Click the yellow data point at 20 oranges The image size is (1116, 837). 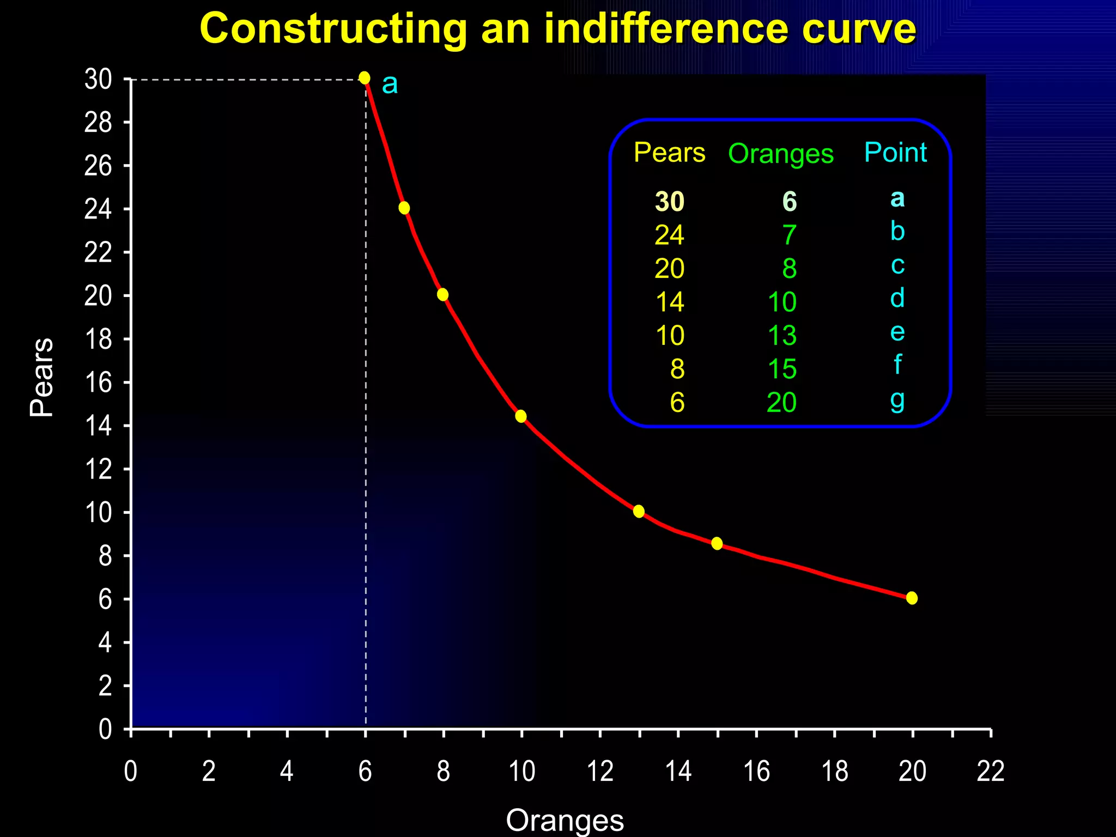coord(912,598)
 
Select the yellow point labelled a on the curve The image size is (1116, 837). coord(365,78)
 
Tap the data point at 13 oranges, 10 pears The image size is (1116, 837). coord(639,511)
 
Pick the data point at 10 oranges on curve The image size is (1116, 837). coord(520,416)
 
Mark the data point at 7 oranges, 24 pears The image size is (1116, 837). coord(404,208)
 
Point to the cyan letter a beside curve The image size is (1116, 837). coord(390,84)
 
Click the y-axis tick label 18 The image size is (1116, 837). coord(98,339)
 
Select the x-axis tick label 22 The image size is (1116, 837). coord(990,772)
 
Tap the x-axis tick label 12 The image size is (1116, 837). coord(600,772)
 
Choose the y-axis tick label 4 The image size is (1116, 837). coord(105,643)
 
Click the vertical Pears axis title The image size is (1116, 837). coord(41,377)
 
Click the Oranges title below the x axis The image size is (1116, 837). coord(565,820)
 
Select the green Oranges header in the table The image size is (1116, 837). coord(780,154)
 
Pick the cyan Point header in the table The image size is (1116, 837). coord(895,152)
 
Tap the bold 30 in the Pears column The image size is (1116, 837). coord(669,202)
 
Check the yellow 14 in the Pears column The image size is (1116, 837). coord(669,302)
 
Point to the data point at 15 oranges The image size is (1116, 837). coord(717,543)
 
